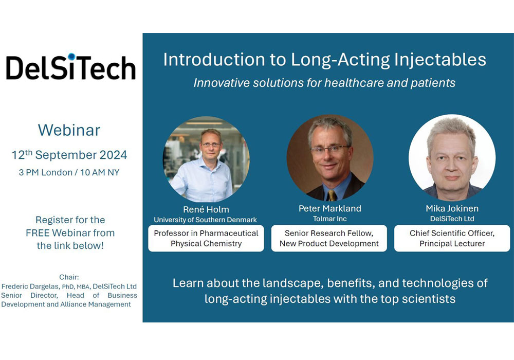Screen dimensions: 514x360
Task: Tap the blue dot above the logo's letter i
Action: point(72,57)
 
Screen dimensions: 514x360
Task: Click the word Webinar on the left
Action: point(69,130)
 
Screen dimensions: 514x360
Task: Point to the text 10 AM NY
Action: point(100,172)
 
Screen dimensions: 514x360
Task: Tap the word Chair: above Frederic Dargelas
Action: point(69,277)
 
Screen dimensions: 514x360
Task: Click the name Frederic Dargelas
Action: point(31,286)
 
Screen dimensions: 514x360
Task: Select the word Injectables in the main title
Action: point(440,60)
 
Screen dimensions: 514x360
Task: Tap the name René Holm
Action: point(206,209)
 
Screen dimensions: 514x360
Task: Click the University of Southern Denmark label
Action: point(205,220)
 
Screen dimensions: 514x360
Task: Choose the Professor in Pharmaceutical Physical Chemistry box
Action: point(206,238)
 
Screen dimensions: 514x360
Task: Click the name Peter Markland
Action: point(330,208)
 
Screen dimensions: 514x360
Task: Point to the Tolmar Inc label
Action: point(330,219)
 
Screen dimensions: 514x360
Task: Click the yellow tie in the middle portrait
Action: point(332,195)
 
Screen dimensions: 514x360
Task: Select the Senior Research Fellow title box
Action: point(329,238)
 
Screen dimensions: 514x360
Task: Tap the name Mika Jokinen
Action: point(452,208)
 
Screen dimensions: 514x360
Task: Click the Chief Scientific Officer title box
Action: point(452,238)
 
